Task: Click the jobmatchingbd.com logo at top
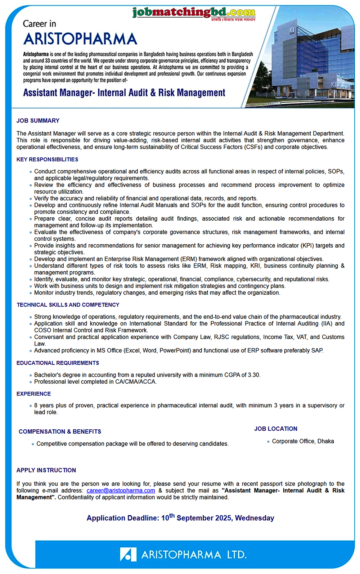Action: (194, 13)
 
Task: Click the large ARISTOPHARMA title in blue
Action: (80, 39)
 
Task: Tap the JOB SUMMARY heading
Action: (38, 121)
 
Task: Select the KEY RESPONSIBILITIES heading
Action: (47, 159)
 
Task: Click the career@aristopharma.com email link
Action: (121, 491)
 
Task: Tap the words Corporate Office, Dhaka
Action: (303, 441)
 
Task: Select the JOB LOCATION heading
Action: (276, 429)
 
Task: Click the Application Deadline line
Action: (180, 518)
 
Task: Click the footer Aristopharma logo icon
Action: (128, 554)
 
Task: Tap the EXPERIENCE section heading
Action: (33, 394)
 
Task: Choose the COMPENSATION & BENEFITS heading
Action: (60, 431)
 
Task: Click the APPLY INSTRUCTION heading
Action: (46, 470)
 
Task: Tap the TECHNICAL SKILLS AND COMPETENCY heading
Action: (68, 305)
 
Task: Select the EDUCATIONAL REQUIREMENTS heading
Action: (58, 363)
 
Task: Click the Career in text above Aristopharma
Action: (39, 24)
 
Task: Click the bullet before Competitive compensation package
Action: (33, 444)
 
